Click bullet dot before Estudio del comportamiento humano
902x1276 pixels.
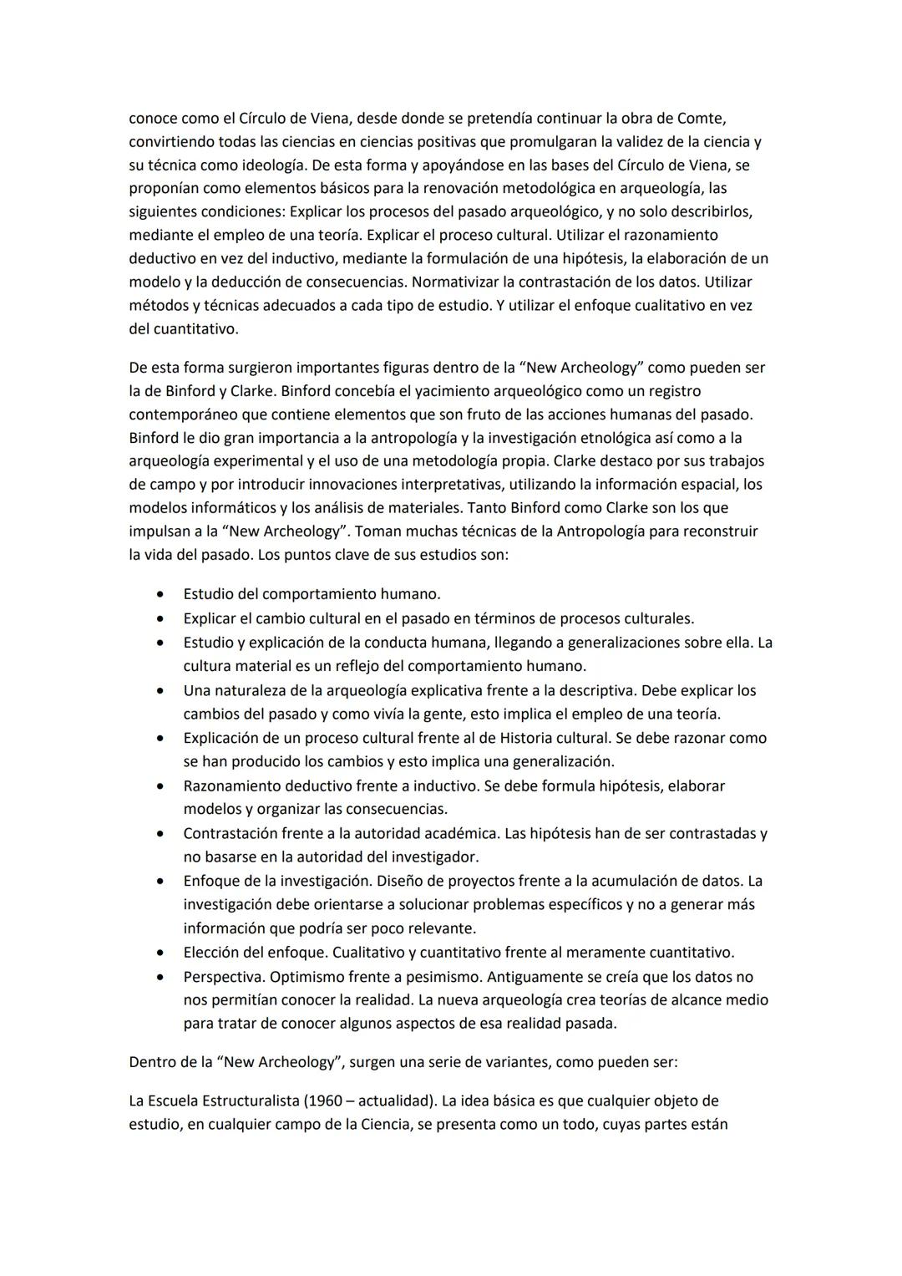160,595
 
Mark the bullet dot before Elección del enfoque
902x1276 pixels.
160,953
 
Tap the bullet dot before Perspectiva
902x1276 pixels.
160,977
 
